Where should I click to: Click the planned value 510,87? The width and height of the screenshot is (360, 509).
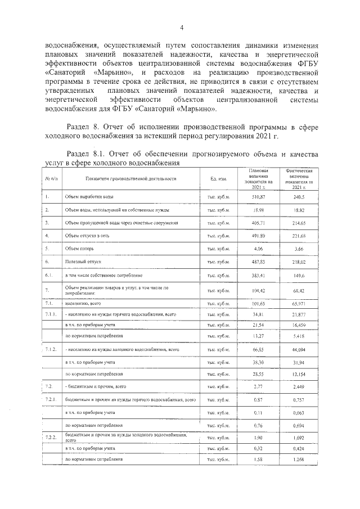[x=258, y=197]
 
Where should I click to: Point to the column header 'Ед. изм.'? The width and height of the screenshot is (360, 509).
[x=218, y=178]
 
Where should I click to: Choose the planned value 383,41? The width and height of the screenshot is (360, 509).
[x=258, y=276]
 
